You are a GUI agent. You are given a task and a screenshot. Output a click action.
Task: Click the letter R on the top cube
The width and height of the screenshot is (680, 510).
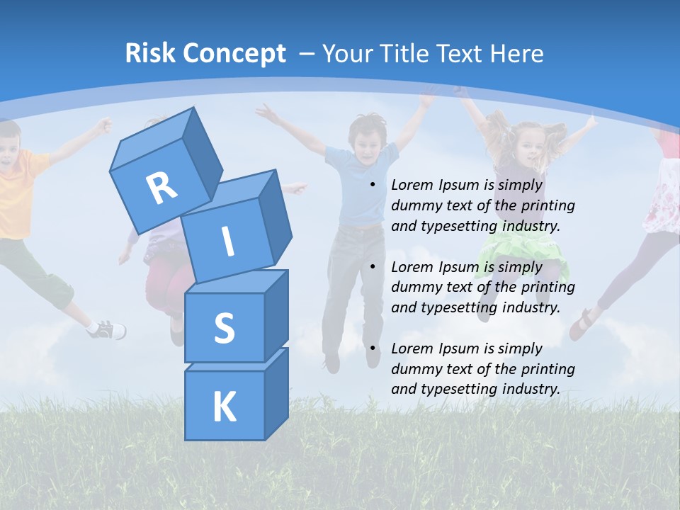[162, 188]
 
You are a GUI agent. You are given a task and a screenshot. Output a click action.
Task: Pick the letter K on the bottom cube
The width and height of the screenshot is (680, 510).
[225, 407]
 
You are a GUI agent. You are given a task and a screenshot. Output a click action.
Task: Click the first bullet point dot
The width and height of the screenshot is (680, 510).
[373, 186]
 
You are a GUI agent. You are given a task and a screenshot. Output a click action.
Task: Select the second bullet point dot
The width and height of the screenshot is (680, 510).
[373, 267]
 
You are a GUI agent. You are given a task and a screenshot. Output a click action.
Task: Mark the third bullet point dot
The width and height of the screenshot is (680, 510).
[373, 348]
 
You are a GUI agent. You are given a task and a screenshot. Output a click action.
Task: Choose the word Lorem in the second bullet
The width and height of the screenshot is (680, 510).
[412, 267]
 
